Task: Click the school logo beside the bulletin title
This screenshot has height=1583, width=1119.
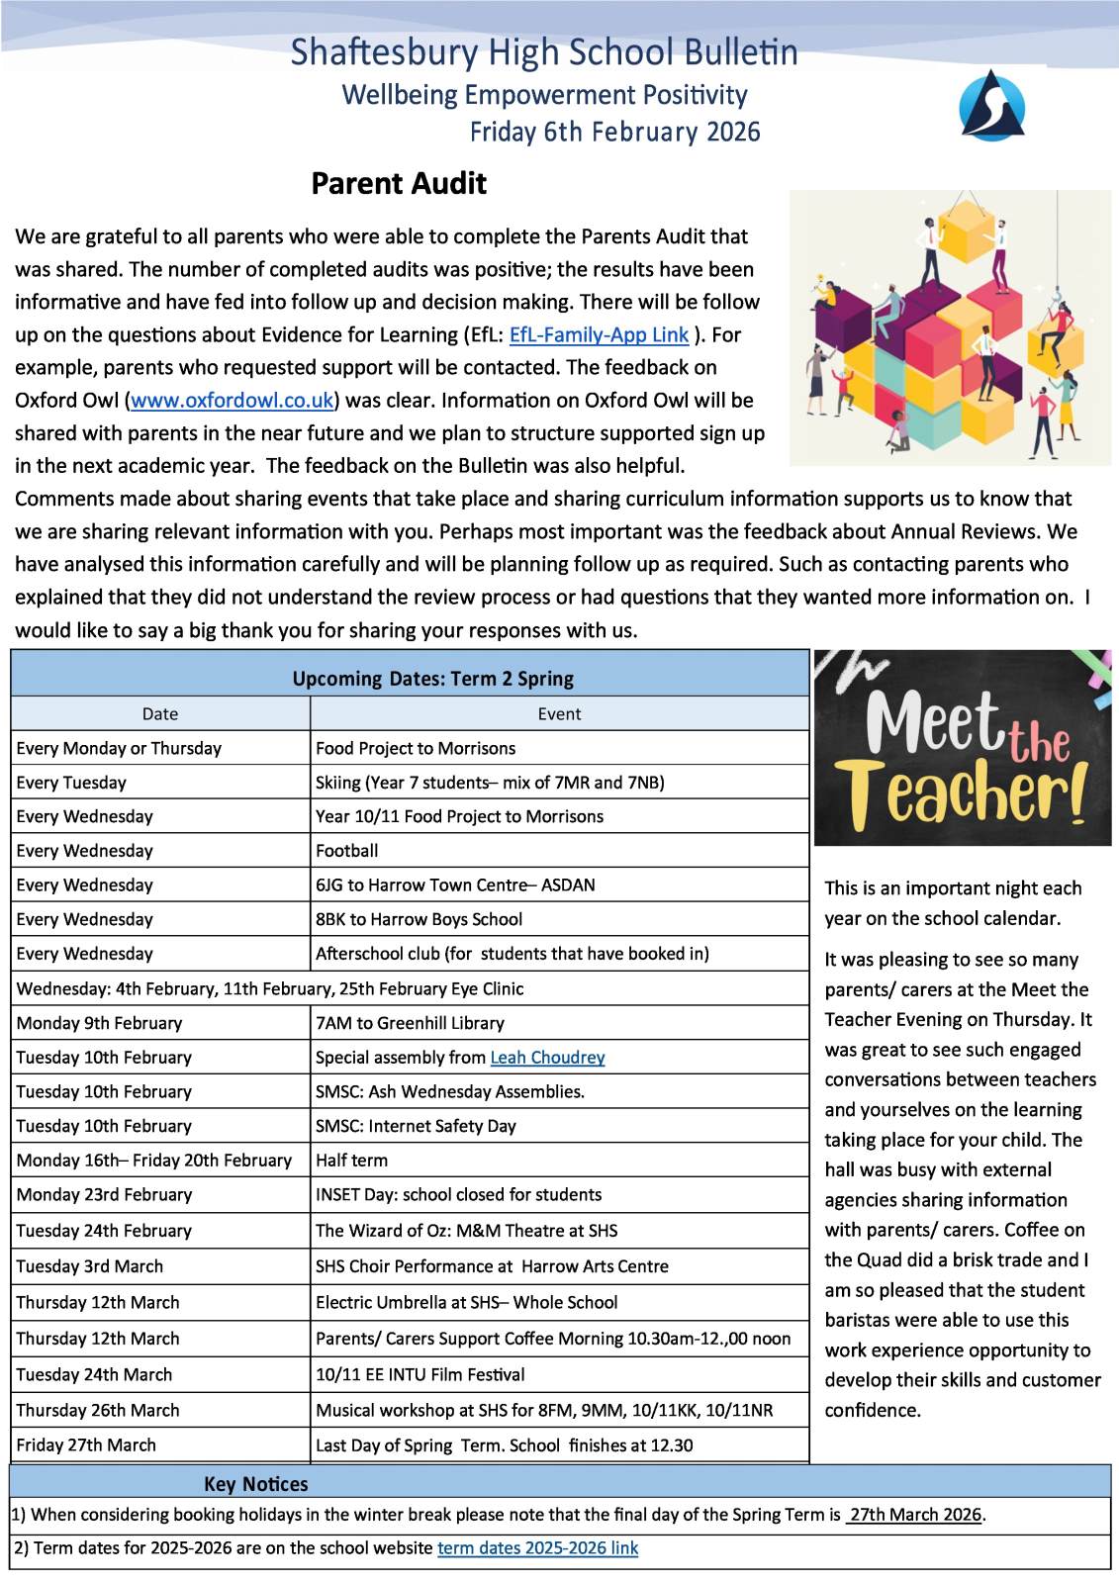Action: point(991,105)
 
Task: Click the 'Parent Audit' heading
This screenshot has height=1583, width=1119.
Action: point(399,184)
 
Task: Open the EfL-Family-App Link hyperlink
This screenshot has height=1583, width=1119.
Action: point(599,334)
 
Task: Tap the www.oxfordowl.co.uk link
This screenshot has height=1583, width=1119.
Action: point(233,401)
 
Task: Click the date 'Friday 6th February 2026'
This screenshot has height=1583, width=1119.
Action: point(614,133)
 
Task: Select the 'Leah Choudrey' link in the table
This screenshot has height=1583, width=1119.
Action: point(547,1058)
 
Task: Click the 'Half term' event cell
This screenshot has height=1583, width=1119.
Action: point(351,1161)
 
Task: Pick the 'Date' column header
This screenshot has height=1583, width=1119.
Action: point(160,714)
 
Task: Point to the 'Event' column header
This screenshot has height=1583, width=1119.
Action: point(559,714)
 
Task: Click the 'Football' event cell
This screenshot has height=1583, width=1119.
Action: point(347,851)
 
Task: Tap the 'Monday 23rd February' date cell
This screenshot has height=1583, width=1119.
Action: point(104,1195)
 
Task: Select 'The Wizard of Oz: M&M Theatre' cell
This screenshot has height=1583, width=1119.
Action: point(466,1231)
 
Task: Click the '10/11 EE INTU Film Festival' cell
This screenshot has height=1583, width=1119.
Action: point(420,1375)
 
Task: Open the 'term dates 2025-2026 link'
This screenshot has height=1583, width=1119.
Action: point(537,1548)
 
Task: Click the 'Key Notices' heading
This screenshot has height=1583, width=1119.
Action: point(255,1484)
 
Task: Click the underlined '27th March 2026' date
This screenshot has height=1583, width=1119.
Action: point(915,1515)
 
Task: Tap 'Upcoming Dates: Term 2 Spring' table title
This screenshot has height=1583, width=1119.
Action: point(432,679)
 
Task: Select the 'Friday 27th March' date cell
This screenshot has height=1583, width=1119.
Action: point(86,1445)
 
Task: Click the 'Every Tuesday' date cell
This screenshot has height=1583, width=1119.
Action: point(71,783)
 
